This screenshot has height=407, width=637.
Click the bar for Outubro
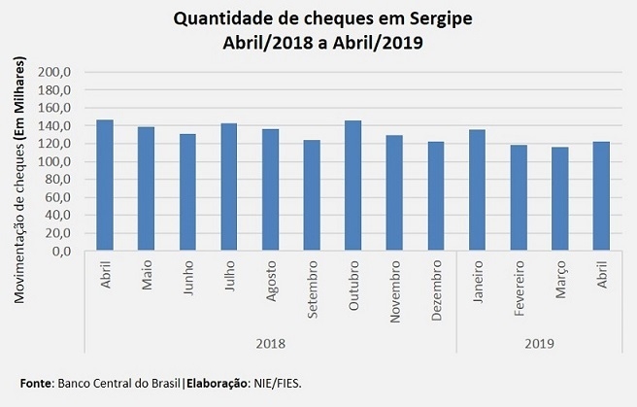[353, 186]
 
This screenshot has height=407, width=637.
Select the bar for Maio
[147, 188]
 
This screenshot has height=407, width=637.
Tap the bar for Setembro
[312, 195]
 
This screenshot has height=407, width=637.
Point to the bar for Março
[559, 199]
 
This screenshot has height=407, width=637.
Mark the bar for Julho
[229, 187]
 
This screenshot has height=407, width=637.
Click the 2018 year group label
[271, 343]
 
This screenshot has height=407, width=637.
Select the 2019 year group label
[539, 343]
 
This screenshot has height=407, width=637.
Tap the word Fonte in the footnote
[36, 383]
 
